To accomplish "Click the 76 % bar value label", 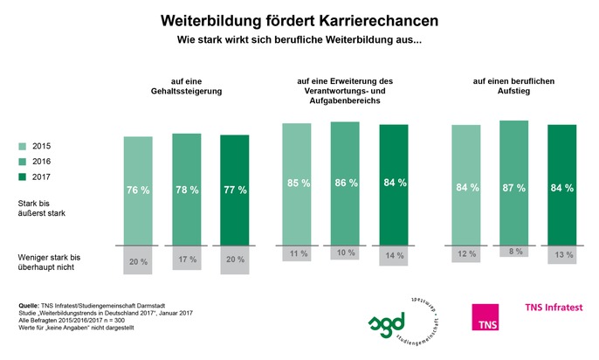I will (137, 188).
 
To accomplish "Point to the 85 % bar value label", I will (296, 183).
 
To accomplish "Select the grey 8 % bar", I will (513, 251).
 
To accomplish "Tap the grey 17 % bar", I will (186, 260).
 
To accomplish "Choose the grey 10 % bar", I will (345, 253).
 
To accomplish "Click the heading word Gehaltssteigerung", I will (186, 91).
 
